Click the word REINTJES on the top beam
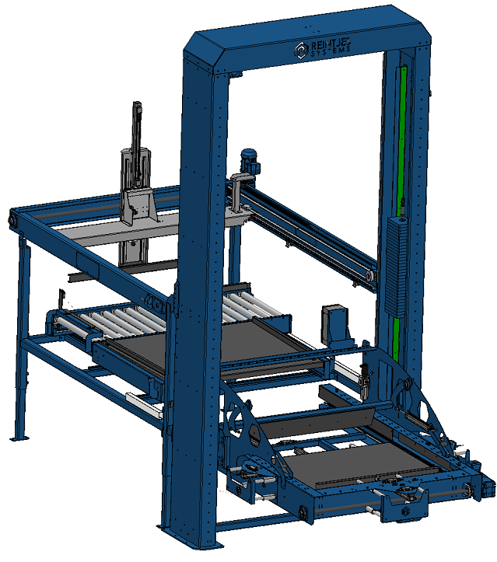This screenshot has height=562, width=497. pos(331,44)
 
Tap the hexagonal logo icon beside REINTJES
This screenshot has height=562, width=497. pos(302,50)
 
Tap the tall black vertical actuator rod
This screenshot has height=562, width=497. pos(137,143)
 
